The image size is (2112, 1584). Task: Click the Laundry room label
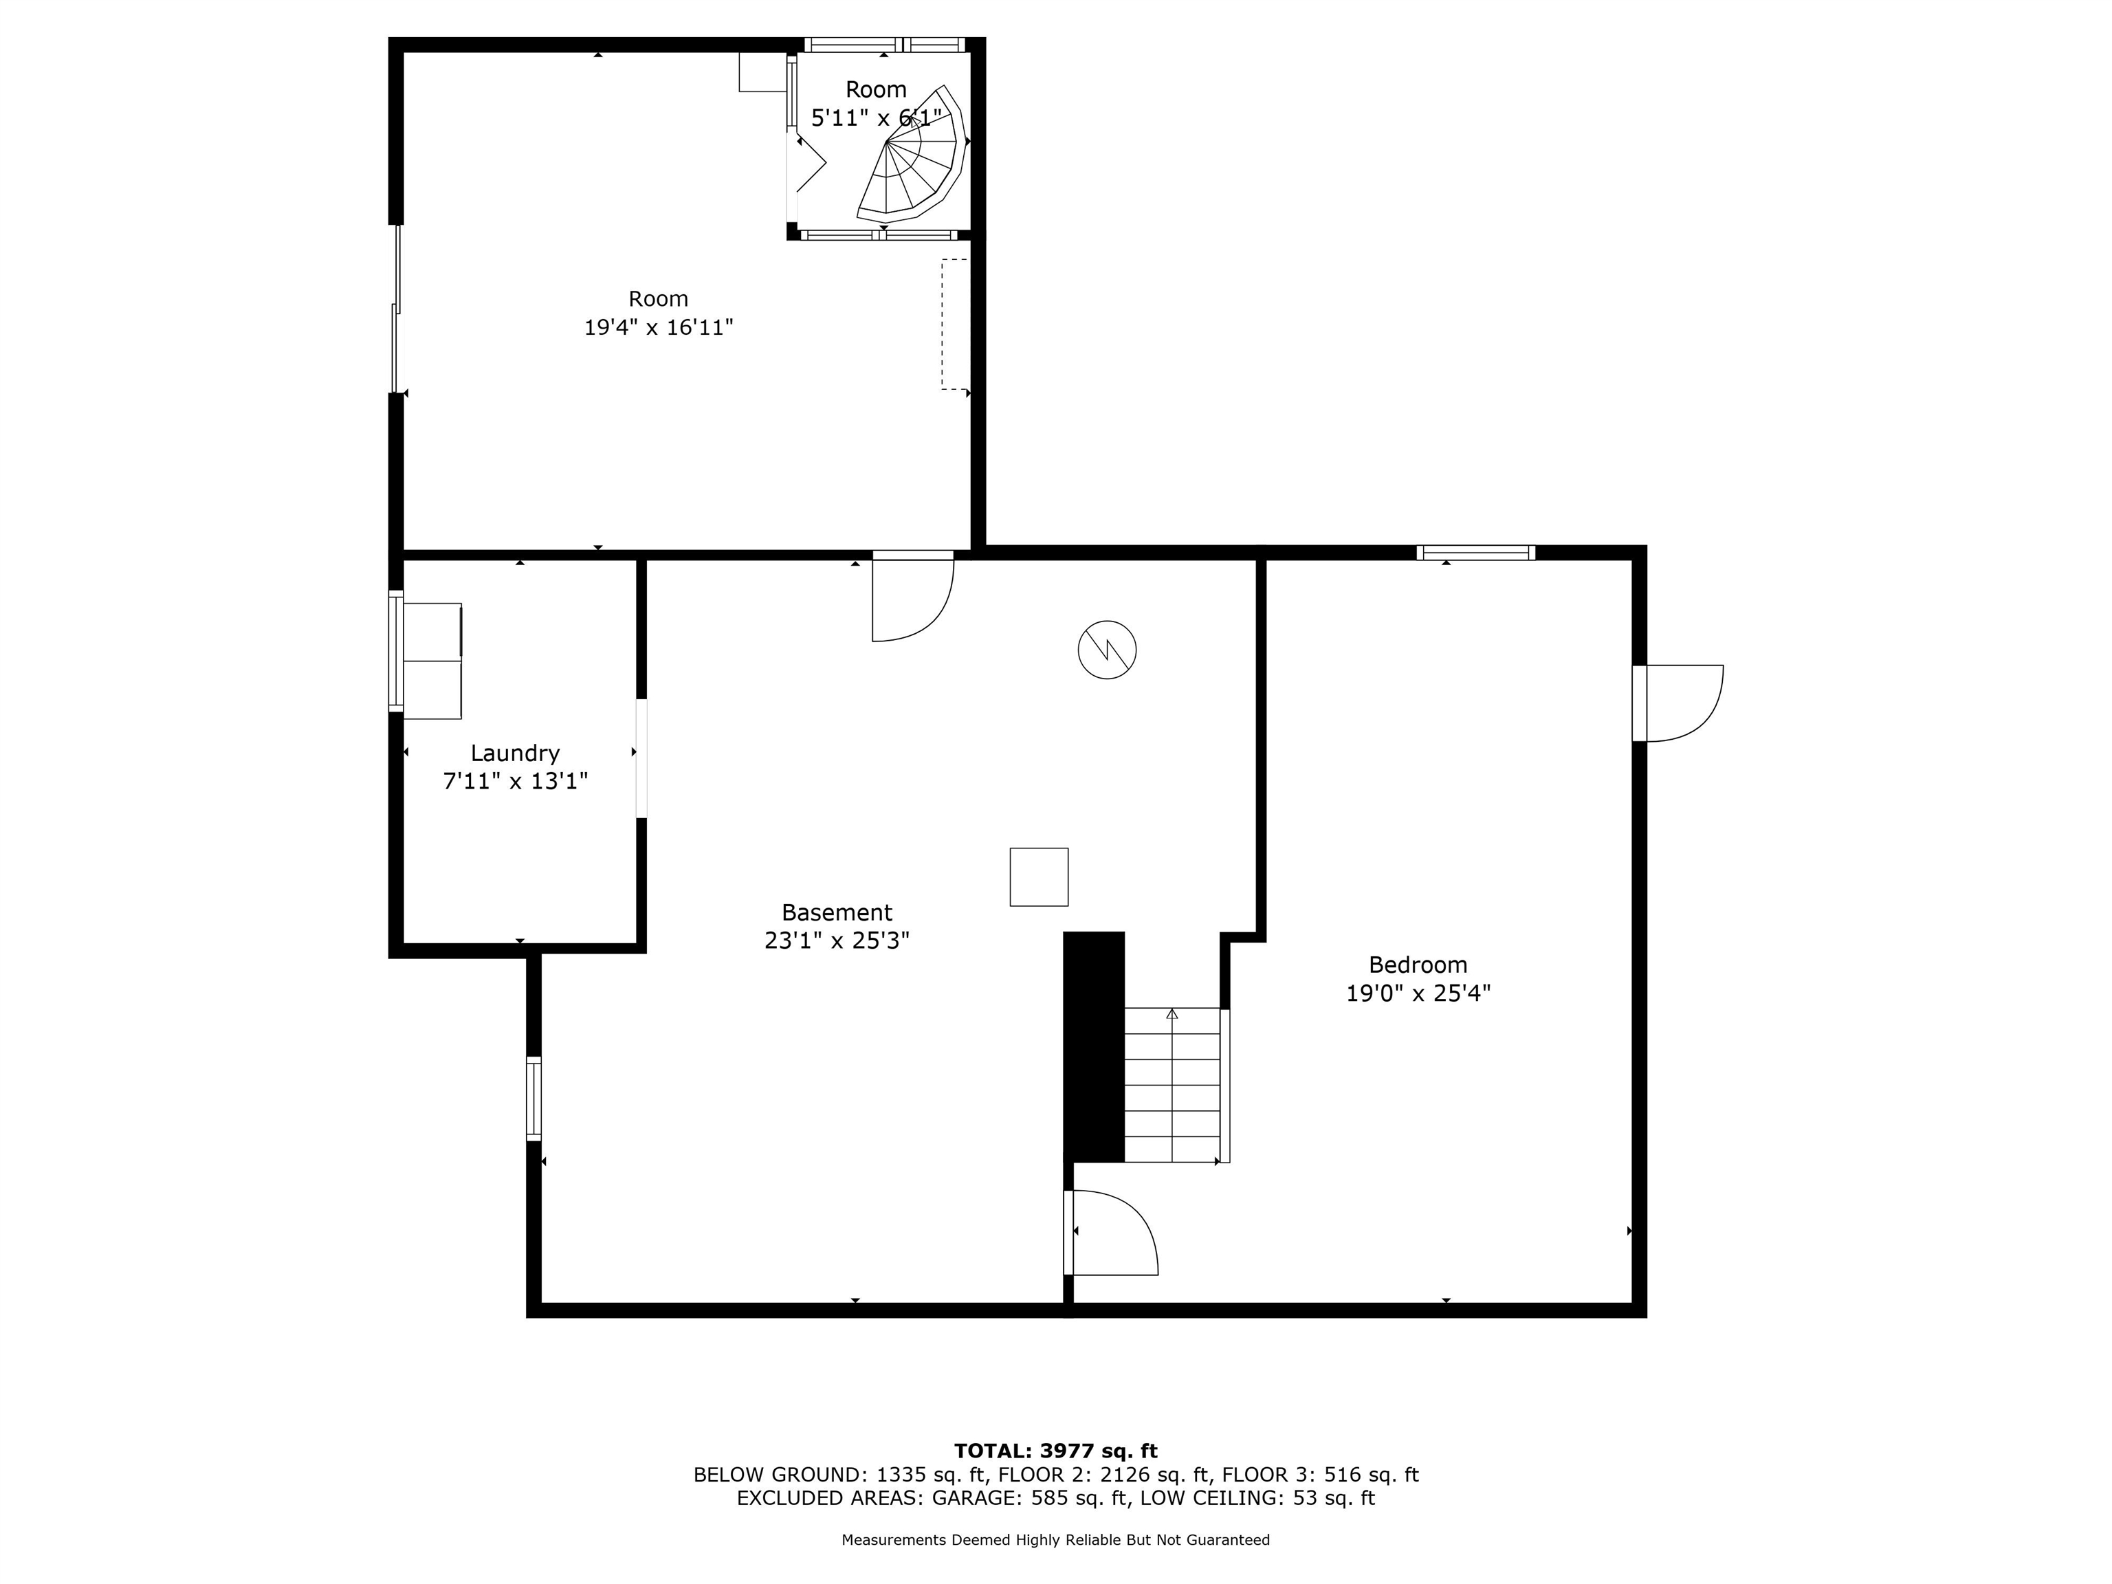515,753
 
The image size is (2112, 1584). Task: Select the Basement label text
837,912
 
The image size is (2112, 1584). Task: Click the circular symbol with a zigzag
1107,650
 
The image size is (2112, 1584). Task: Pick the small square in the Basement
1039,877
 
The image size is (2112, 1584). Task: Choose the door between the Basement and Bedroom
1112,1233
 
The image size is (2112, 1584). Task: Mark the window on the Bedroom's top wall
1475,552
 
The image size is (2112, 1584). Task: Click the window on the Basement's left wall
533,1098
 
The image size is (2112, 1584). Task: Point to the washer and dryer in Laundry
432,660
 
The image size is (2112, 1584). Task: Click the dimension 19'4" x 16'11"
659,327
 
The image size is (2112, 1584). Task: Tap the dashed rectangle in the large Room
953,324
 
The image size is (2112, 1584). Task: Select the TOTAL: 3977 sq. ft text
1055,1452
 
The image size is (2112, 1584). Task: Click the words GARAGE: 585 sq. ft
1031,1498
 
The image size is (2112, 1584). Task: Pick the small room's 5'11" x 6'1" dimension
876,118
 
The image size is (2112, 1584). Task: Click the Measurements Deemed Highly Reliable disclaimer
1055,1540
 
